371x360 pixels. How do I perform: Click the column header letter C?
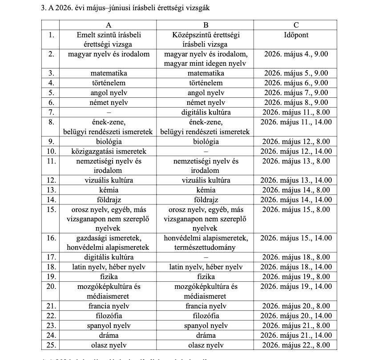[x=296, y=25]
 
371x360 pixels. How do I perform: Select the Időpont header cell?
[x=296, y=35]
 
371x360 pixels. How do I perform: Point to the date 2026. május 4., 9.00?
[x=296, y=54]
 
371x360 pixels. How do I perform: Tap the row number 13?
[x=51, y=190]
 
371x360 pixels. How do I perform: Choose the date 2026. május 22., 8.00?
[x=296, y=345]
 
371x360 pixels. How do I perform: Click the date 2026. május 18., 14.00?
[x=296, y=267]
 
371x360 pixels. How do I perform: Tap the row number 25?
[x=51, y=345]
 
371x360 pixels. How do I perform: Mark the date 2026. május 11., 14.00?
[x=296, y=122]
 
